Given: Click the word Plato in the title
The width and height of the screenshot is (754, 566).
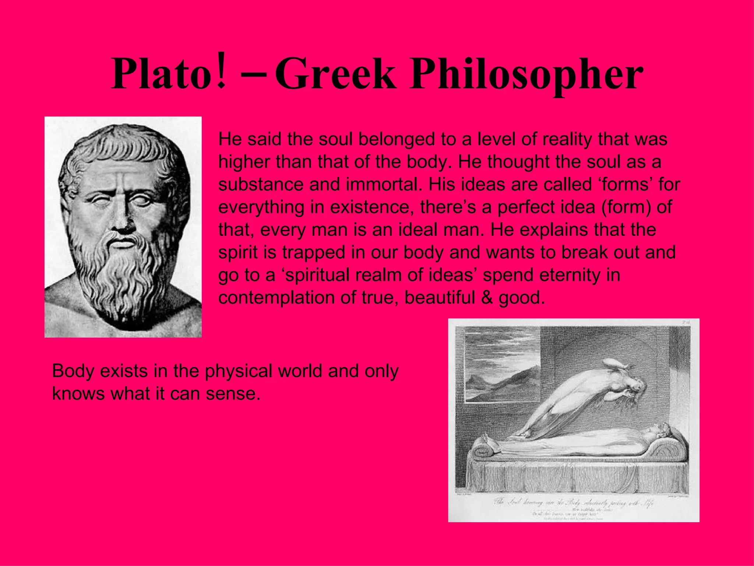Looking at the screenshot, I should [162, 74].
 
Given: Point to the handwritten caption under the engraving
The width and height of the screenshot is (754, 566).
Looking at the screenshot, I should [572, 503].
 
